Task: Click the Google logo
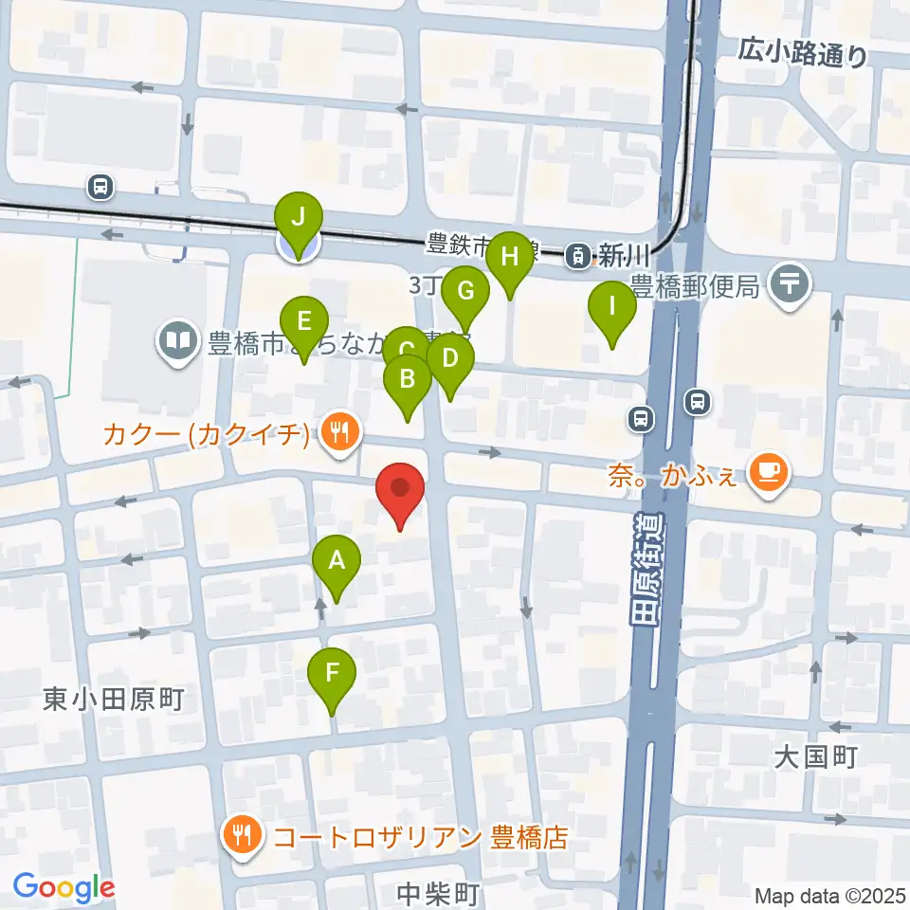[64, 887]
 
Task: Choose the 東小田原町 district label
[114, 700]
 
